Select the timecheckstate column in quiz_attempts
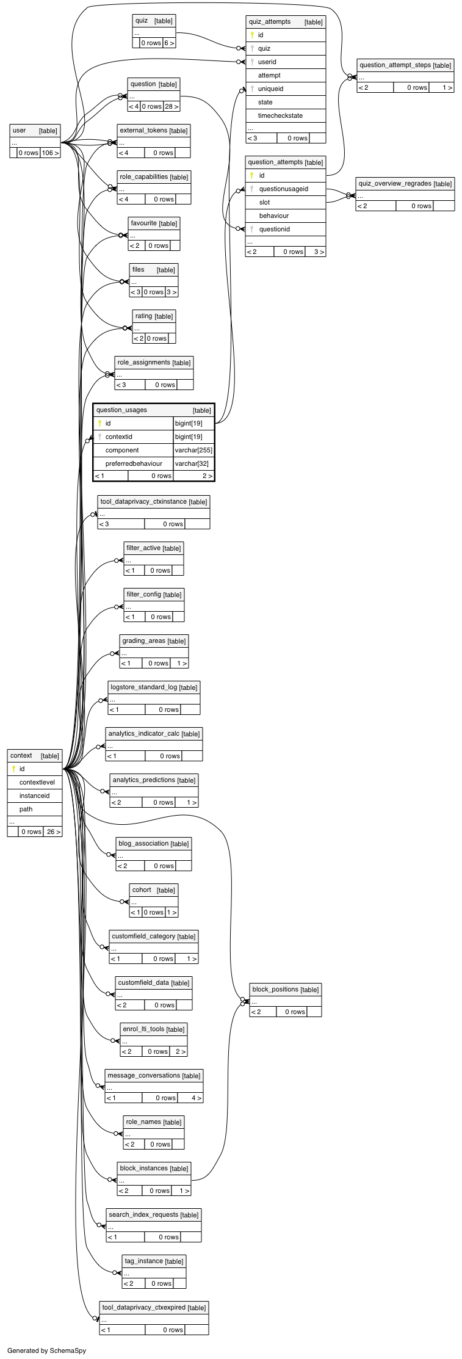pyautogui.click(x=280, y=115)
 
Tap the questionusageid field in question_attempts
pyautogui.click(x=283, y=189)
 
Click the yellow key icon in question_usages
pyautogui.click(x=99, y=423)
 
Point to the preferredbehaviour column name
pyautogui.click(x=134, y=463)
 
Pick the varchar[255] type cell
pyautogui.click(x=193, y=450)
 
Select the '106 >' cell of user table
pyautogui.click(x=50, y=153)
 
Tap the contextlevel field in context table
pyautogui.click(x=37, y=782)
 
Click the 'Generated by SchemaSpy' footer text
pyautogui.click(x=46, y=1350)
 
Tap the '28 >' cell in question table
pyautogui.click(x=171, y=106)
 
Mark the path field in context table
pyautogui.click(x=26, y=809)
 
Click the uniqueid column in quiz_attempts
pyautogui.click(x=270, y=89)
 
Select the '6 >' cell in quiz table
pyautogui.click(x=169, y=43)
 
